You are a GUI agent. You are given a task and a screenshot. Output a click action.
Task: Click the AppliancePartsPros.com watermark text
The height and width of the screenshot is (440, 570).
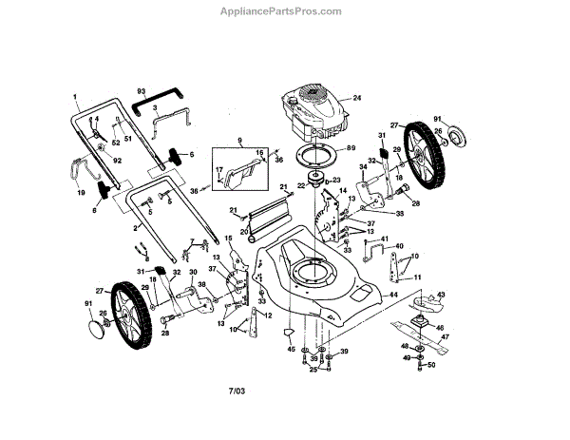(285, 11)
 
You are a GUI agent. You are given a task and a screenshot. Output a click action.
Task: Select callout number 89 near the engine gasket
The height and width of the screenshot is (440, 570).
(351, 148)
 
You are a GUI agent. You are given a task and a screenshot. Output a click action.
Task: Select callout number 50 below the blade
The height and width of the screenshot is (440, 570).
(430, 365)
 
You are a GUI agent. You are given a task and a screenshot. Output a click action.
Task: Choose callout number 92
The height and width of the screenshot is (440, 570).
(118, 161)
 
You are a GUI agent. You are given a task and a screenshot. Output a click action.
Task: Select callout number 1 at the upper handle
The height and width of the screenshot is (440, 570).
(74, 97)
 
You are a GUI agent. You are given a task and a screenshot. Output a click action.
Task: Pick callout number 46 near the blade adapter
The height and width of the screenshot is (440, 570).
(440, 326)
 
